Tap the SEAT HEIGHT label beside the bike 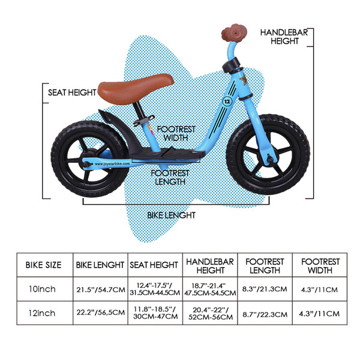click(x=72, y=92)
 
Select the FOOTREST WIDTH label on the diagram click(x=172, y=133)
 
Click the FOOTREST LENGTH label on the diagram click(x=170, y=177)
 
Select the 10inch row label click(x=41, y=289)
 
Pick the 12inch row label click(x=41, y=314)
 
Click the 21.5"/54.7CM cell click(x=100, y=289)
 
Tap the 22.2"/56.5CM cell click(x=100, y=314)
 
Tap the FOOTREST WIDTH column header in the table click(x=320, y=265)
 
